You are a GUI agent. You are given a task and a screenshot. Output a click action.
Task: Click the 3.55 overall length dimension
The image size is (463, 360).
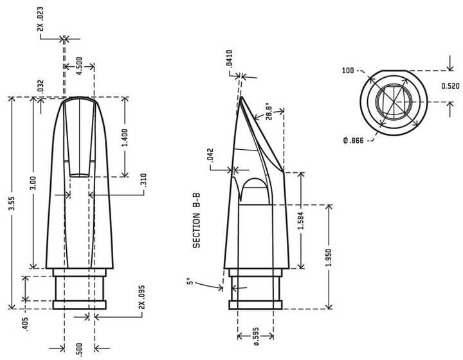coord(12,203)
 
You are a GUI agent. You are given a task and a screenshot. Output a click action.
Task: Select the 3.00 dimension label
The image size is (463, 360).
coord(33,183)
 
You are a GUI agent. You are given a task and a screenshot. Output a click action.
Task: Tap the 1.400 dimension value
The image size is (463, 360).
coord(125,138)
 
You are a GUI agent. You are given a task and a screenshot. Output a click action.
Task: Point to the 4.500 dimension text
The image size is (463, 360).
coord(80,66)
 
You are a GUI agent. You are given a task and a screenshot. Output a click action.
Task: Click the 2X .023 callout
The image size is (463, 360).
coord(40,19)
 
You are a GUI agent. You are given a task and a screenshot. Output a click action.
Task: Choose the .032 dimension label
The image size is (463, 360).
coord(41,86)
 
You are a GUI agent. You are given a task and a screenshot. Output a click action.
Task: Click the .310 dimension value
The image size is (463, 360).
coord(143,180)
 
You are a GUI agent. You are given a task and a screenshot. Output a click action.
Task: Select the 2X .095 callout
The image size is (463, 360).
coord(142,297)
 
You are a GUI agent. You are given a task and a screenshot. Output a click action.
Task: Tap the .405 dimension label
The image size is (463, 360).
coord(25,324)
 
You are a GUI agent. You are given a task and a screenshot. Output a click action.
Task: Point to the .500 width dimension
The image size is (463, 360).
coord(79,350)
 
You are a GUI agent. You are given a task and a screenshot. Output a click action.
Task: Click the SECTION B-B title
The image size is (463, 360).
coord(196,221)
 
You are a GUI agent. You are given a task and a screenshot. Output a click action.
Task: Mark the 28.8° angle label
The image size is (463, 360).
coord(268,111)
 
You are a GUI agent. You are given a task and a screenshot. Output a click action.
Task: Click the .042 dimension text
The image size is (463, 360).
coord(210,155)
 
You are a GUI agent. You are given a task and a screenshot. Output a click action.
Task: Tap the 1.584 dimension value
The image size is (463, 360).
coord(301,221)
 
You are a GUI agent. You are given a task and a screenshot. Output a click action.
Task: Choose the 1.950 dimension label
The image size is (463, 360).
coord(329,258)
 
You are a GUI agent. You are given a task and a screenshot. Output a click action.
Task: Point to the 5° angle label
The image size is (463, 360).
coord(190,282)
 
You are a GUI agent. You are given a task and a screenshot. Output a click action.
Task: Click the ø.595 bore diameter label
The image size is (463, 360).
coord(256,336)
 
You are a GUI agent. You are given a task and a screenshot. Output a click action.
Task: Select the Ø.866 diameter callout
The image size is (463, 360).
coord(354,140)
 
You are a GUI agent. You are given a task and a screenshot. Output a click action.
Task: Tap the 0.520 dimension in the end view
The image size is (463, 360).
coord(451,86)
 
